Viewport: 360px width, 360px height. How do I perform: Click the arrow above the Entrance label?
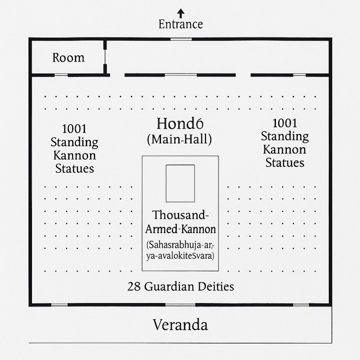[181, 13]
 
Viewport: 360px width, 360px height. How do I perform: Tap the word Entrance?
[180, 24]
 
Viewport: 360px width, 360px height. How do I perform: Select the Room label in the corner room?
[68, 57]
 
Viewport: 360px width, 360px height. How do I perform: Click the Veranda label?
[180, 325]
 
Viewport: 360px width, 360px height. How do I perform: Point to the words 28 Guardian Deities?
[180, 286]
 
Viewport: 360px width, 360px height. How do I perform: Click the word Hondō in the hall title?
[180, 123]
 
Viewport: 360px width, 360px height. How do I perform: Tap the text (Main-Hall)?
[179, 139]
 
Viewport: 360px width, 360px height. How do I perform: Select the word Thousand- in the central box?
[180, 215]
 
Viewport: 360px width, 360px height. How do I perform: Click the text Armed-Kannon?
[180, 229]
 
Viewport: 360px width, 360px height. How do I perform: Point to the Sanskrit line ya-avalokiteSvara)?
[180, 255]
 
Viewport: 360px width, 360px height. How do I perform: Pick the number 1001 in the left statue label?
[74, 129]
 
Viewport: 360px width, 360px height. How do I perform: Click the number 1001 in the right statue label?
[284, 123]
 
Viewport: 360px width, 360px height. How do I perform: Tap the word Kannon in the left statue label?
[74, 155]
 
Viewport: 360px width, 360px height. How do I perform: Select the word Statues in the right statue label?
[285, 163]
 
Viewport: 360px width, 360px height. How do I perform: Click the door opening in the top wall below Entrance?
[181, 39]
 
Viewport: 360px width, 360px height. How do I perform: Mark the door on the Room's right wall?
[105, 56]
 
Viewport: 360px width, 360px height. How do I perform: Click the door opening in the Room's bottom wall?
[61, 75]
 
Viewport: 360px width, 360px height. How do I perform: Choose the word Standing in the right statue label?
[284, 136]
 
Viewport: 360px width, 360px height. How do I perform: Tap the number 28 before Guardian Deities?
[134, 287]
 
